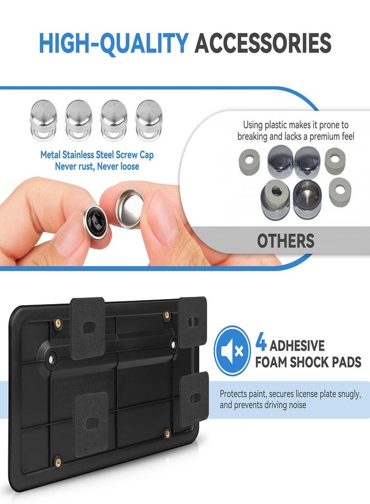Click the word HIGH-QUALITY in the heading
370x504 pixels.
coord(113,43)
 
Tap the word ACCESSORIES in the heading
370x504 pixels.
coord(263,43)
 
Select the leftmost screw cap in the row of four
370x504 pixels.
coord(43,120)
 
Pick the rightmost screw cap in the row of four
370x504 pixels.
coord(149,120)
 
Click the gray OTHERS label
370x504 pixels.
coord(286,241)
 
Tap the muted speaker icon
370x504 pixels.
coord(232,351)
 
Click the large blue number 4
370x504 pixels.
coord(261,343)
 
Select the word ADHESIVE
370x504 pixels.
coord(297,346)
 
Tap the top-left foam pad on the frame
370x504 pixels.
coord(88,328)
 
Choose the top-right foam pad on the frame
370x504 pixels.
coord(192,322)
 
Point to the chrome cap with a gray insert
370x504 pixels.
coord(275,199)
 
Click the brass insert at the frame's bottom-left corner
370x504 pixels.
coord(58,462)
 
